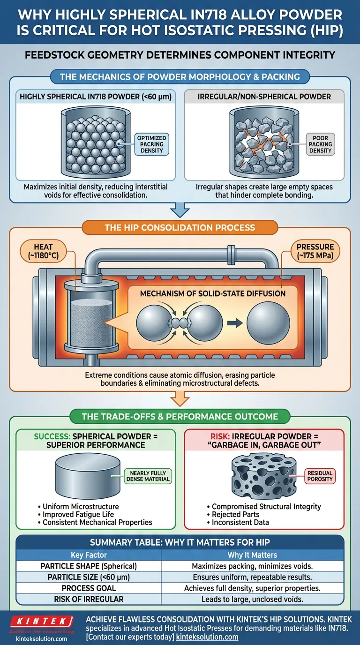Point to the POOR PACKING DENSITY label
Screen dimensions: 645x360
(320, 144)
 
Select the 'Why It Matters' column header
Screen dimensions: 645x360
(252, 555)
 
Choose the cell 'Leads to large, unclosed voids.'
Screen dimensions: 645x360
(252, 599)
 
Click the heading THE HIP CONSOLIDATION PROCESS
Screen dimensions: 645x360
(180, 227)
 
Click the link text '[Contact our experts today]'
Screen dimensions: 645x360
(130, 637)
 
